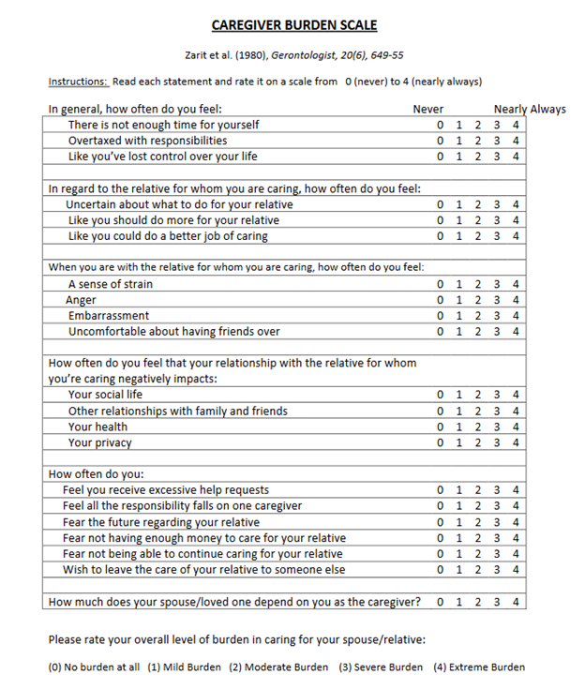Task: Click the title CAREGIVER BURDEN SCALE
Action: tap(293, 25)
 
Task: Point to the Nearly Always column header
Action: tap(530, 109)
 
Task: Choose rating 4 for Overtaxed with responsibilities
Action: tap(516, 141)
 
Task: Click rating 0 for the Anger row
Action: tap(440, 300)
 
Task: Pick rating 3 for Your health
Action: tap(497, 427)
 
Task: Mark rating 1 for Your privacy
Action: tap(459, 442)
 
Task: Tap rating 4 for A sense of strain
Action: tap(516, 284)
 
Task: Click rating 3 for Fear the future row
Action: tap(497, 522)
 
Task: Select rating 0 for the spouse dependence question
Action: tap(440, 602)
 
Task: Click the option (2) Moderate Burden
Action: tap(279, 667)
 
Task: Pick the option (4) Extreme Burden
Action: tap(478, 667)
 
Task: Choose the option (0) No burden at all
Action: tap(94, 667)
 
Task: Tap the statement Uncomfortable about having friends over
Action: tap(173, 332)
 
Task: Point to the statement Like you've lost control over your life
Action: tap(162, 157)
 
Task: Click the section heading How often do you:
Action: tap(96, 474)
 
